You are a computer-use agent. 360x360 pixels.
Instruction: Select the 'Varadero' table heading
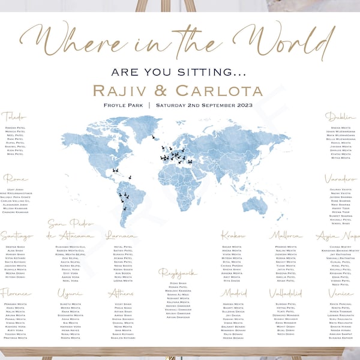340,179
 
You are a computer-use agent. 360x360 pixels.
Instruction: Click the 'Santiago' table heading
16,236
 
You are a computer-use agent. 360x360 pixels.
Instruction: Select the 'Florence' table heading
16,293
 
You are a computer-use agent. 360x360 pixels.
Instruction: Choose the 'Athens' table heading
122,293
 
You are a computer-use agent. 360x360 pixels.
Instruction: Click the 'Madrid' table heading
233,293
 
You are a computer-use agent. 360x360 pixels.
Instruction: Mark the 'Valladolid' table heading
285,293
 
